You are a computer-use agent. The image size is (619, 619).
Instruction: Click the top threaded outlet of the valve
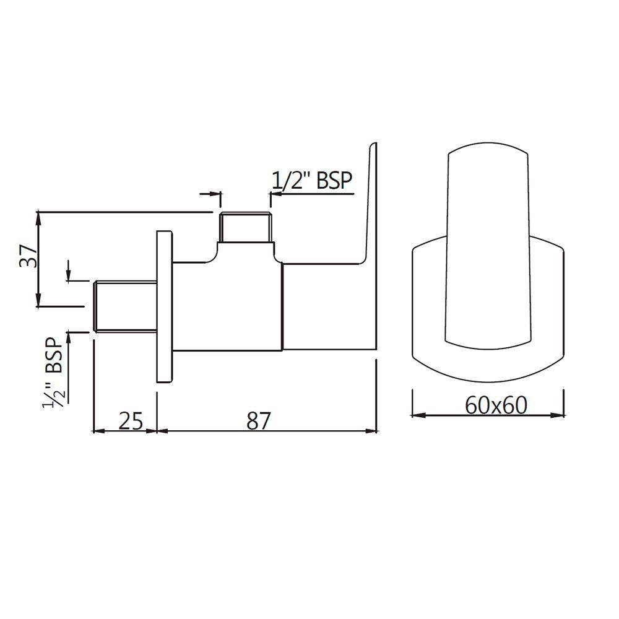pyautogui.click(x=246, y=227)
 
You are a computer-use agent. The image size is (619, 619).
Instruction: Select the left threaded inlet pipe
pyautogui.click(x=124, y=306)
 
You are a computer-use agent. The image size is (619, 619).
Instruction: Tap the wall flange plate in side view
pyautogui.click(x=165, y=307)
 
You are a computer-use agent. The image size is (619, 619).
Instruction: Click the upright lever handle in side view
pyautogui.click(x=370, y=204)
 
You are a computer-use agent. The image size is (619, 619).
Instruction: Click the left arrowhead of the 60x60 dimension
pyautogui.click(x=416, y=415)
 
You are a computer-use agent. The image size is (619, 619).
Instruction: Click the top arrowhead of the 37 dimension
pyautogui.click(x=38, y=217)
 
